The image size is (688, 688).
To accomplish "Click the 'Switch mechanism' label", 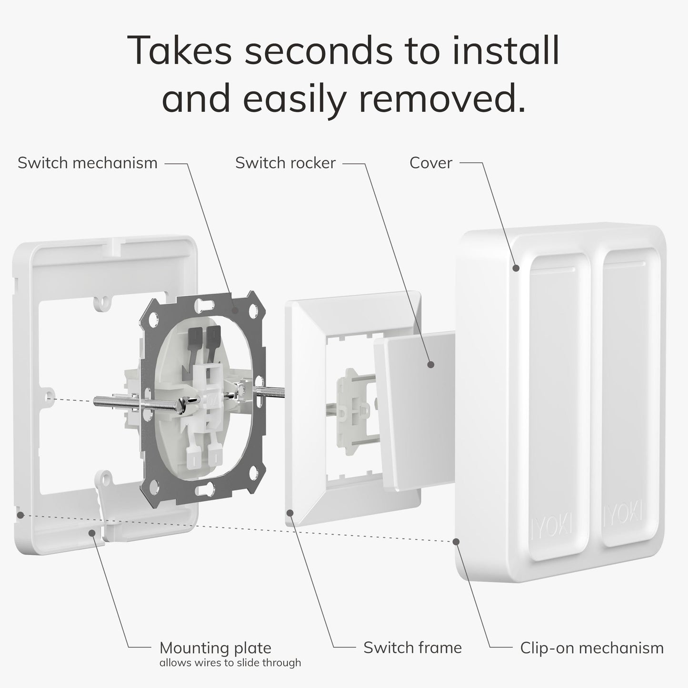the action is (88, 163).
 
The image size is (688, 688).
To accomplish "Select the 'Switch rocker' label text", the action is (285, 163).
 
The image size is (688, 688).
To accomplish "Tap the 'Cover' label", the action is (430, 163).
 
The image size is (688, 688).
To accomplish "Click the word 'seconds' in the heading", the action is (319, 51).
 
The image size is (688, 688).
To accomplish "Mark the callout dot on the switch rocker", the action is (430, 365).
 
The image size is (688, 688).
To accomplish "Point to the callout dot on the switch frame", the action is (290, 513).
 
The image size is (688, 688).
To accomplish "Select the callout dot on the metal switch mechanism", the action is (235, 309).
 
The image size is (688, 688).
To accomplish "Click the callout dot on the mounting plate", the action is (92, 533).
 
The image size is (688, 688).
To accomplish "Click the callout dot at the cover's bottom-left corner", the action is (456, 542).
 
